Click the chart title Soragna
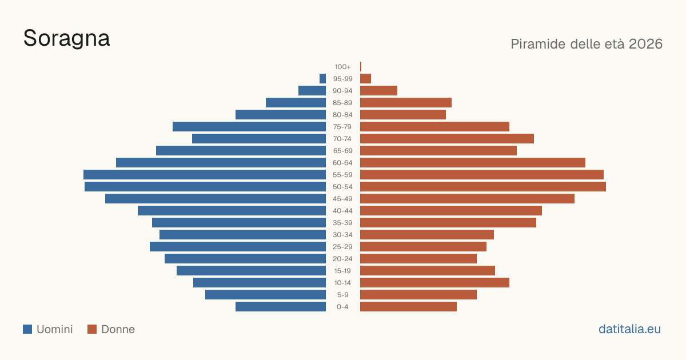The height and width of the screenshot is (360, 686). pos(66,39)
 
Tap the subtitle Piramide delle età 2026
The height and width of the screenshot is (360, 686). pos(587,44)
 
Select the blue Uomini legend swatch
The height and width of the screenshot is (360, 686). pos(27,329)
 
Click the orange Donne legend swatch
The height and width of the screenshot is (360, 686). pos(92,329)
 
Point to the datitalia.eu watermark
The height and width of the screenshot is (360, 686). pos(629,329)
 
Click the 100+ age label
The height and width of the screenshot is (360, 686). pos(342,67)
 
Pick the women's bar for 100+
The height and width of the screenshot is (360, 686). pos(361,66)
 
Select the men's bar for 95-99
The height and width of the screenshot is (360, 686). pos(322,79)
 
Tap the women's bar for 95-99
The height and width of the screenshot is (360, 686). pos(366,79)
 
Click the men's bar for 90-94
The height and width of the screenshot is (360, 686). pos(312,91)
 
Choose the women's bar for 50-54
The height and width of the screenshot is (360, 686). pos(483,187)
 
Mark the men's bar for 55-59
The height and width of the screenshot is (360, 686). pos(205,175)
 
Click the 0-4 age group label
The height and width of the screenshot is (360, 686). pos(342,307)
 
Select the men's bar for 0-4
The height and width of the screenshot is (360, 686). pos(281,307)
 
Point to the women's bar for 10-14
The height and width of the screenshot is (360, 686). pos(434,282)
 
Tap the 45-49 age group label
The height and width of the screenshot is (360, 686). pos(342,199)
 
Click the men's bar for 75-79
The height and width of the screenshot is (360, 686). pos(249,127)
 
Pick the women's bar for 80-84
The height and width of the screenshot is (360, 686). pos(403,115)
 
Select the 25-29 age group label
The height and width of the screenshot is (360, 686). pos(342,247)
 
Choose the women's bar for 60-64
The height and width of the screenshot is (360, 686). pos(473,162)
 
